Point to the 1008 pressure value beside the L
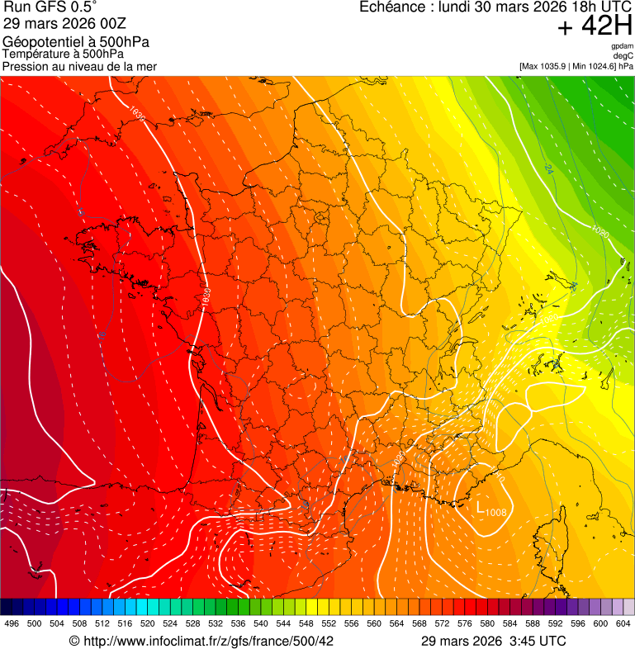495,513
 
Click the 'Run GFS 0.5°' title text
50,7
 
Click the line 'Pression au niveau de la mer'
79,66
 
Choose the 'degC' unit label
624,55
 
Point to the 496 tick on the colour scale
12,623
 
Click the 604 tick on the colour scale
623,623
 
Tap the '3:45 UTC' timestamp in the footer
540,641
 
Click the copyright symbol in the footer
74,641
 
